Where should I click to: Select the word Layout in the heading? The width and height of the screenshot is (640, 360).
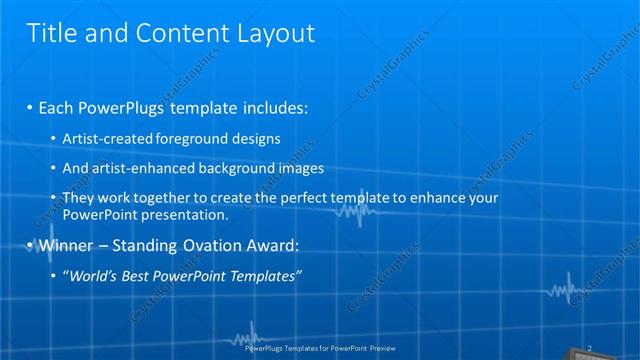point(271,33)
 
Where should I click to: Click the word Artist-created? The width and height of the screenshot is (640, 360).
point(102,138)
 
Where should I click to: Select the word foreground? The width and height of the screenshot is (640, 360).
point(178,138)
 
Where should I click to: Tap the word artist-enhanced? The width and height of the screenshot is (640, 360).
point(134,168)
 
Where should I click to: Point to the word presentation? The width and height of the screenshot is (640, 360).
point(188,214)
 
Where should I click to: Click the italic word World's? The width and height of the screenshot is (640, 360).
point(92,275)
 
